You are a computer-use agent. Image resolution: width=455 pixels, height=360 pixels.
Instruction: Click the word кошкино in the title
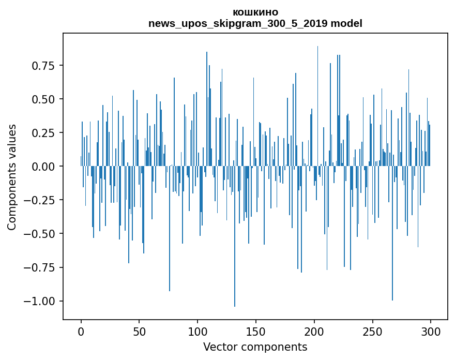[255, 12]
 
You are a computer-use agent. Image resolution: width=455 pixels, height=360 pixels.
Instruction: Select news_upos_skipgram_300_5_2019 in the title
[238, 23]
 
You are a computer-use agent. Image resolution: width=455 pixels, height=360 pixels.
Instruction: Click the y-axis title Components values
[12, 177]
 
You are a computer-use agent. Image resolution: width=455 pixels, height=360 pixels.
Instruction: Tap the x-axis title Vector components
[255, 347]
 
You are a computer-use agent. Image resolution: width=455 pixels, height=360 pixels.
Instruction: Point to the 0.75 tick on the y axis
[43, 66]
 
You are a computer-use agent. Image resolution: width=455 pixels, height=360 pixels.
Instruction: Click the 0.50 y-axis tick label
[43, 99]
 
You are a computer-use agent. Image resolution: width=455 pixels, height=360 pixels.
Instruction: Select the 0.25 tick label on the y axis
[43, 133]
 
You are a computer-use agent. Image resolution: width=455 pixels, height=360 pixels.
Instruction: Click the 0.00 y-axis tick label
[43, 167]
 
